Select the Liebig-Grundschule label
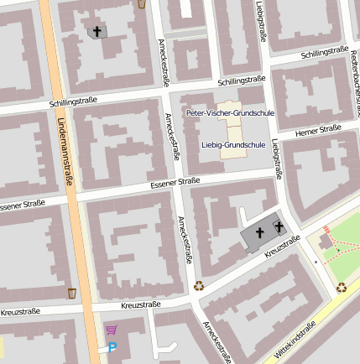coord(234,144)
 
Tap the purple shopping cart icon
coord(111,330)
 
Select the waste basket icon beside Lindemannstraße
coord(71,293)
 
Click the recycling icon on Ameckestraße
coord(200,285)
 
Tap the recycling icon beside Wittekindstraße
coord(342,288)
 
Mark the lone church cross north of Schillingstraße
coord(97,32)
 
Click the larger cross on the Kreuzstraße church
coord(259,232)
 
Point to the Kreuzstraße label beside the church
coord(282,247)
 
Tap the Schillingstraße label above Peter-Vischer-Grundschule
coord(241,81)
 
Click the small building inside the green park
coord(325,242)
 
